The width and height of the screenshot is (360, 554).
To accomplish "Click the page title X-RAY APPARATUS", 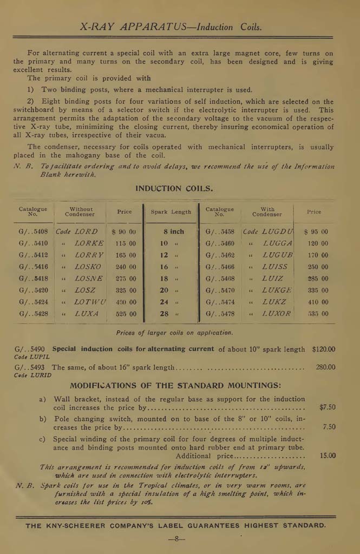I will tap(135, 27).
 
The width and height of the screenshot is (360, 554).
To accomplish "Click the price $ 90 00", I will tap(124, 232).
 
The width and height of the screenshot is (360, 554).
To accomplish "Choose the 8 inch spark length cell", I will tap(173, 232).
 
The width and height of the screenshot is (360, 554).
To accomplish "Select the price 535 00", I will tap(317, 314).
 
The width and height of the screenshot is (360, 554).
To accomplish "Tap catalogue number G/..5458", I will tap(220, 232).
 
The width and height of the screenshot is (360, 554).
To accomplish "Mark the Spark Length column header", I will tap(171, 212).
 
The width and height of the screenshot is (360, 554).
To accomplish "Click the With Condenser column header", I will tap(267, 212).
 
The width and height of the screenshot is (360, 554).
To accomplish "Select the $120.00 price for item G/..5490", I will tap(323, 349).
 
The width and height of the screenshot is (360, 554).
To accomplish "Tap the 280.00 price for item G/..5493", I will tap(325, 367).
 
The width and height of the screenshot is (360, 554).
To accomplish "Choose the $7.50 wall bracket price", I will tap(327, 407).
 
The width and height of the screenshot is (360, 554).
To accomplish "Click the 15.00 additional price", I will tap(327, 456).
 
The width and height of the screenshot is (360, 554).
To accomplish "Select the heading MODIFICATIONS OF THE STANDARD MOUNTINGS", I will tap(175, 386).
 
